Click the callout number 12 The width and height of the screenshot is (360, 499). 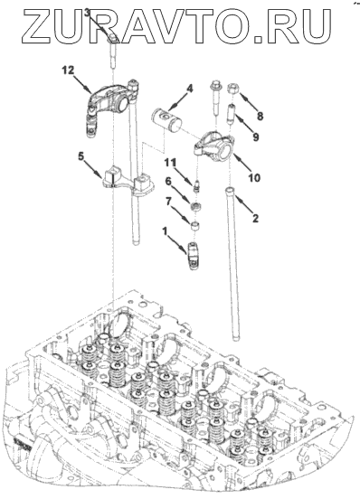pos(68,70)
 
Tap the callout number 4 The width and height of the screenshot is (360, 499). pos(189,89)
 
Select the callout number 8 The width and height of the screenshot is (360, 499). pos(261,116)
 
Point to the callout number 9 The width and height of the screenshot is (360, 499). pos(256,137)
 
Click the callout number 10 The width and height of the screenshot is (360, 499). pos(254,177)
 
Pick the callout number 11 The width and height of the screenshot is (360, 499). pos(170,163)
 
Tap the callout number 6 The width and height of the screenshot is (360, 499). pos(167,182)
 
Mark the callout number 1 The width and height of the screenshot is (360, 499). pos(165,231)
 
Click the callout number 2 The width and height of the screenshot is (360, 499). pos(255,219)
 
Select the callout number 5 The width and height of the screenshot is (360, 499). pos(81,156)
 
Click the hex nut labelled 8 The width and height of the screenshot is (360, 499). pos(232,88)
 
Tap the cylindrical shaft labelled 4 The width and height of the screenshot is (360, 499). pos(166,120)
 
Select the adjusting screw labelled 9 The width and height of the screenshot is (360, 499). pos(231,114)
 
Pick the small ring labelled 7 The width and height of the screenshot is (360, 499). pos(194,227)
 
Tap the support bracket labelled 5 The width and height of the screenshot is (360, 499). pos(128,184)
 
